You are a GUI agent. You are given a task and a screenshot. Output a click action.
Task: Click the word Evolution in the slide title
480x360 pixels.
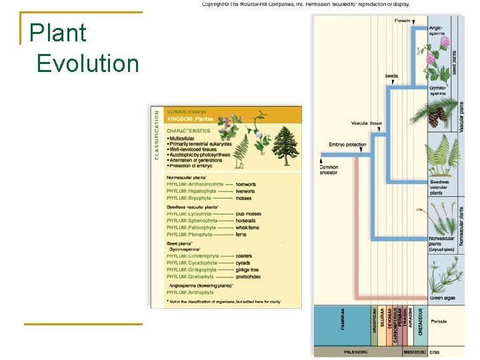tap(87, 63)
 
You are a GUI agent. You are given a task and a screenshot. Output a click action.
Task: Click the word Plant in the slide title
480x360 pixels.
tap(58, 33)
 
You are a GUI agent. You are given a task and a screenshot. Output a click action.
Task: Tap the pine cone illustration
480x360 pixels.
tap(436, 117)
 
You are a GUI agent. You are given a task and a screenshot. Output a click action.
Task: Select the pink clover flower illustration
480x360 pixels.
tap(443, 50)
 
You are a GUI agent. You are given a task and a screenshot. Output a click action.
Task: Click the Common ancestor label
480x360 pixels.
tap(329, 169)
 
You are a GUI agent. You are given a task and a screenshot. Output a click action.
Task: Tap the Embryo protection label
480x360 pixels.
tap(347, 145)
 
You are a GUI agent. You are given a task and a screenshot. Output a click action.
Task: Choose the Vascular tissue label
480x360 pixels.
tap(367, 123)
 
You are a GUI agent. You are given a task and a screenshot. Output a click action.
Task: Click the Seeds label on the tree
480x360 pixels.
tap(391, 76)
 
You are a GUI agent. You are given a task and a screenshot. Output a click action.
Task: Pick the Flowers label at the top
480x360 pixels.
tap(402, 21)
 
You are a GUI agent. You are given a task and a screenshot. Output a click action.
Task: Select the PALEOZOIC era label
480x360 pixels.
tap(357, 351)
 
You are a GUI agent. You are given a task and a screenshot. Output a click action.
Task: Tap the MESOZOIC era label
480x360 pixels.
tap(414, 351)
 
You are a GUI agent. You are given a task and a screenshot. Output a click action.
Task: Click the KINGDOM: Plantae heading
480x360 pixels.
tap(191, 118)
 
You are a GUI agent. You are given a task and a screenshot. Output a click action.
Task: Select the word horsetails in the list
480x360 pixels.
tap(247, 221)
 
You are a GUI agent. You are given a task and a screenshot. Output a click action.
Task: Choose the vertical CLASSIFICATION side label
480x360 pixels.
tap(157, 135)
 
